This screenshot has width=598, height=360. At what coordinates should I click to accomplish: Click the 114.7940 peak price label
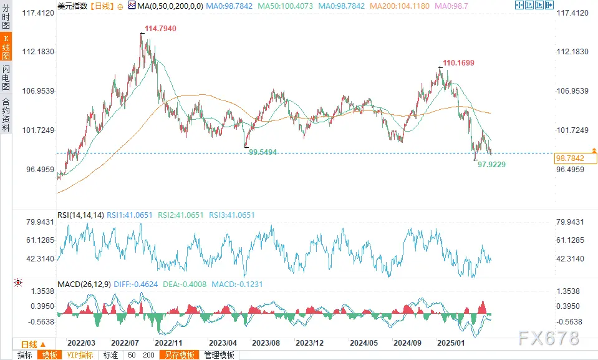[160, 29]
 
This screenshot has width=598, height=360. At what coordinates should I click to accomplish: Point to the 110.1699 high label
[458, 63]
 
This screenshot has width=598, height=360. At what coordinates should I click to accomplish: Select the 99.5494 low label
[263, 152]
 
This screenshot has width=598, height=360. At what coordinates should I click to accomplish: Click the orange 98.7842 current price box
[569, 159]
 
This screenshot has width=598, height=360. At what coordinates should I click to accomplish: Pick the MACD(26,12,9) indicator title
[83, 285]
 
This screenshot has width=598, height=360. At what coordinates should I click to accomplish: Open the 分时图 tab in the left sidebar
[6, 16]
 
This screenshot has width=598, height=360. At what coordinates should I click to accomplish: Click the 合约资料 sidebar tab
[6, 114]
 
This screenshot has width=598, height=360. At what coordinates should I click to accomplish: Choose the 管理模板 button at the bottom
[219, 355]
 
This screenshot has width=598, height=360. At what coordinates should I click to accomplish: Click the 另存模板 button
[179, 355]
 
